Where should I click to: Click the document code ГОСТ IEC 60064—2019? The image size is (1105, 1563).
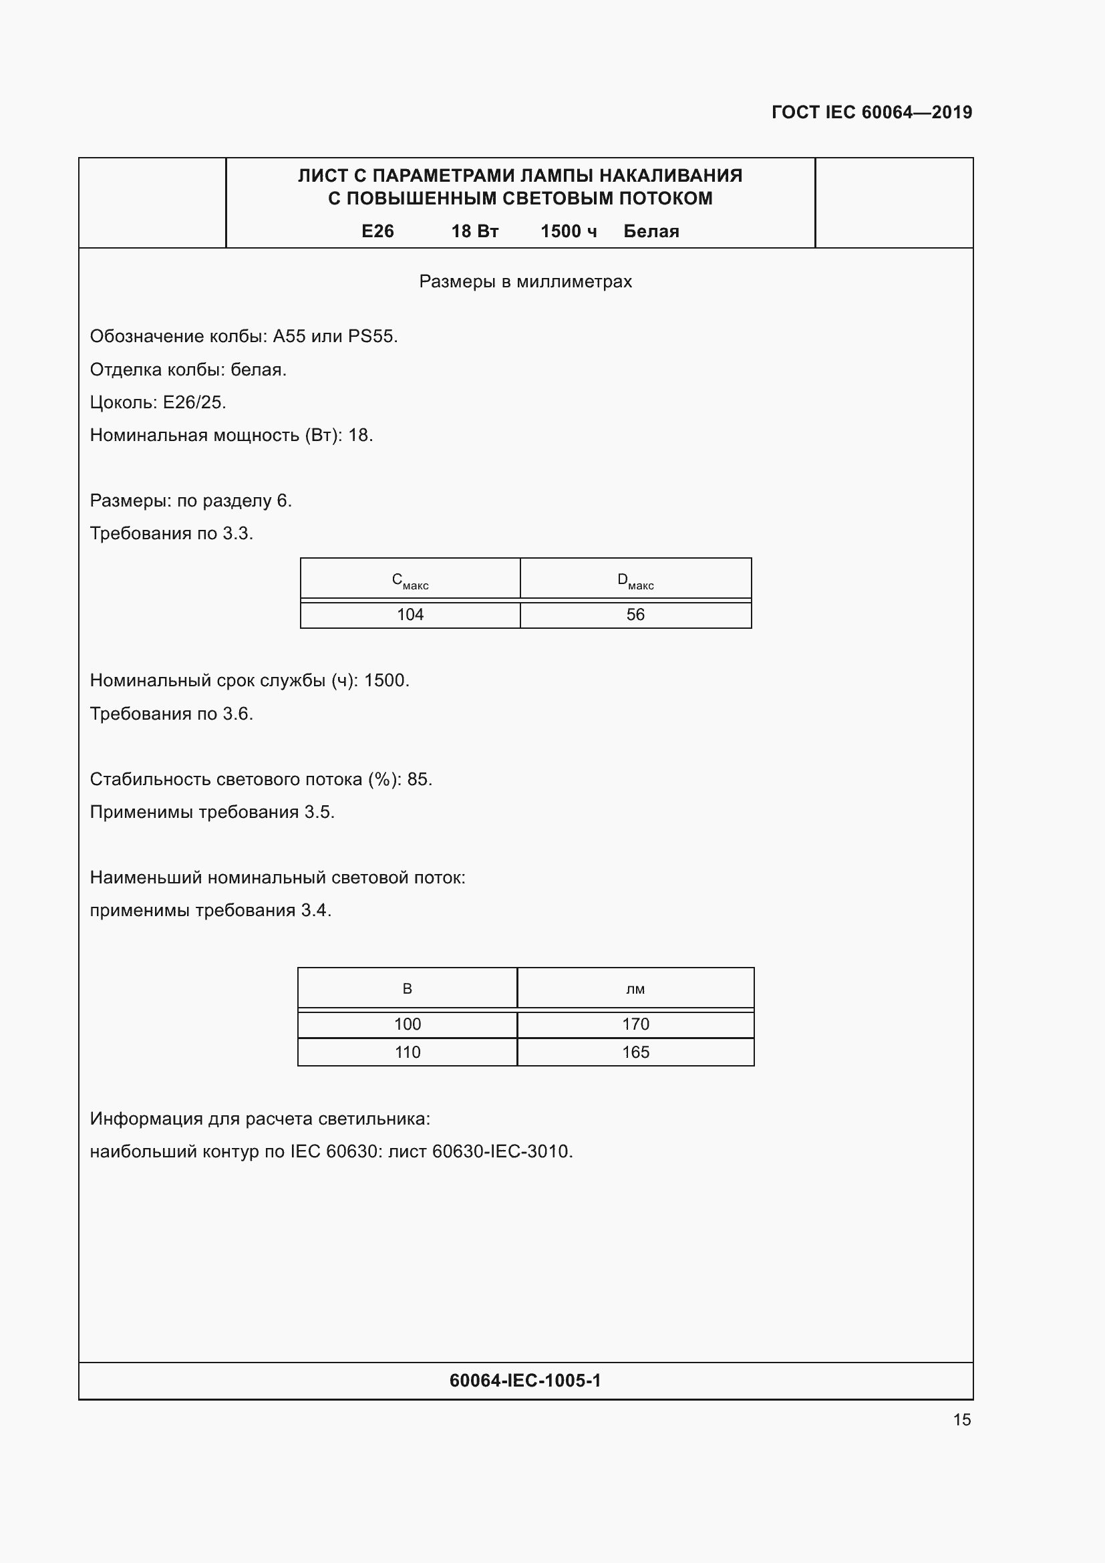tap(872, 112)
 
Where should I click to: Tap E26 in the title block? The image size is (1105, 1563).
tap(377, 231)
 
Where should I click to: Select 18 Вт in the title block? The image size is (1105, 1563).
tap(475, 231)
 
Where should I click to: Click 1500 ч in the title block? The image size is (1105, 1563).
tap(569, 231)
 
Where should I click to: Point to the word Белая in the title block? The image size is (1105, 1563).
tap(651, 231)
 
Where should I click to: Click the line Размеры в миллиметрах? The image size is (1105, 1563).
tap(525, 281)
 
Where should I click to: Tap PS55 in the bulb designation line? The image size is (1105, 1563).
tap(371, 336)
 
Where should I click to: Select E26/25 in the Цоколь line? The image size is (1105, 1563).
tap(192, 402)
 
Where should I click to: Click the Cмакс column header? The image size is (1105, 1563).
tap(410, 581)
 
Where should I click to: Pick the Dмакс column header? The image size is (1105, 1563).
tap(635, 581)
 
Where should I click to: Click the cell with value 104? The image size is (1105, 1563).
tap(410, 615)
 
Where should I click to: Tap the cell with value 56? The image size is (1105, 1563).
tap(635, 615)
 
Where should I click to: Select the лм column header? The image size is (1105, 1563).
tap(635, 989)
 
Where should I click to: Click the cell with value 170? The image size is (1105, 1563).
tap(635, 1024)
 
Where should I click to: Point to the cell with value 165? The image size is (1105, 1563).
tap(635, 1052)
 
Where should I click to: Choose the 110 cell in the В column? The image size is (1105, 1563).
tap(408, 1052)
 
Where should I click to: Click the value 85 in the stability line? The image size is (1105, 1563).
tap(417, 779)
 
